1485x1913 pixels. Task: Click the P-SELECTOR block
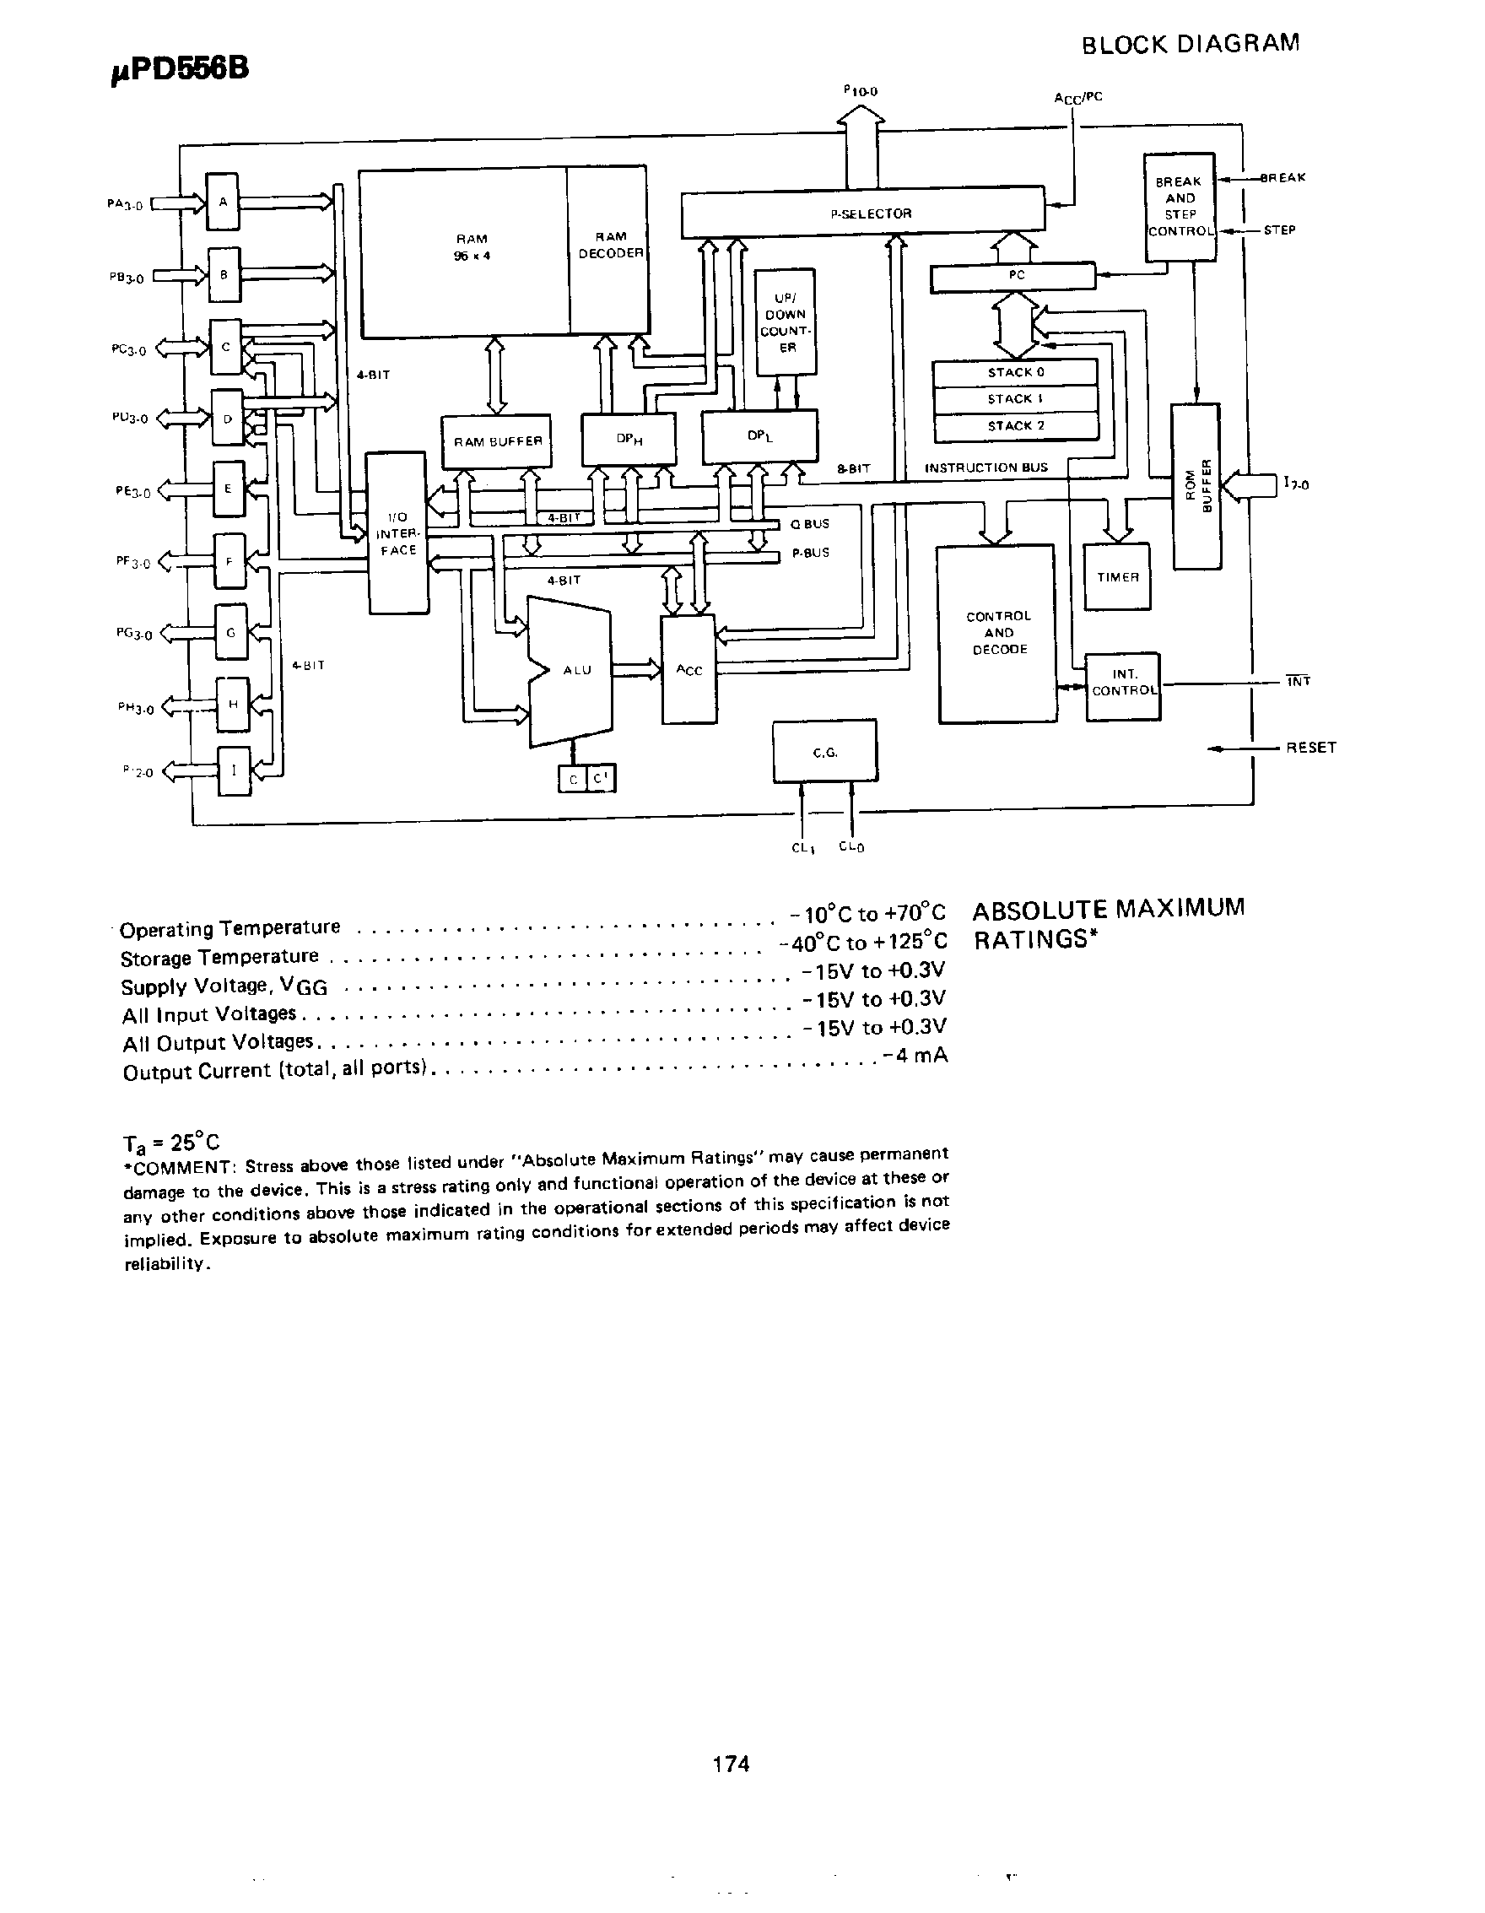[862, 213]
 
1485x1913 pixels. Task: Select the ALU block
[573, 670]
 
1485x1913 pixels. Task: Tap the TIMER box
[1117, 577]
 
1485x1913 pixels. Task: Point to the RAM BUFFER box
[496, 441]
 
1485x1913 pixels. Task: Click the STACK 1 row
[1015, 399]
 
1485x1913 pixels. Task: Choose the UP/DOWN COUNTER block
[786, 322]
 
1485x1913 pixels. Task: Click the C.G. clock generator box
[825, 752]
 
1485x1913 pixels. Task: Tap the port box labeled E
[228, 489]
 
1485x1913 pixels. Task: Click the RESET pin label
[1310, 747]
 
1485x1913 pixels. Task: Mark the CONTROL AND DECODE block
[997, 633]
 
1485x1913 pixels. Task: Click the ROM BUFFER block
[1196, 486]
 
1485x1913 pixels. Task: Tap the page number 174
[732, 1764]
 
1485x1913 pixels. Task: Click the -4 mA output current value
[915, 1055]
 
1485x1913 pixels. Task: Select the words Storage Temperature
[219, 957]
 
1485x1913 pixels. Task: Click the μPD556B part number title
[181, 68]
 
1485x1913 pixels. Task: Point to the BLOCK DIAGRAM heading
[1190, 44]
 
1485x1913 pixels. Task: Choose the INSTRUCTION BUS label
[985, 467]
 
